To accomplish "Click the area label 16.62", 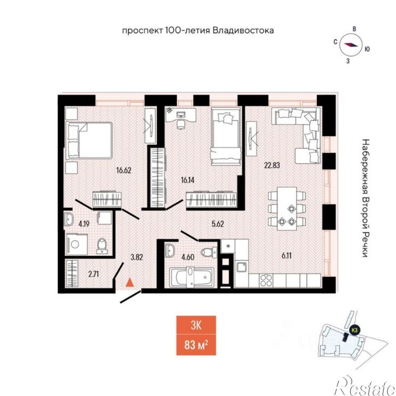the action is pyautogui.click(x=124, y=170).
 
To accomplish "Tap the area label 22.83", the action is pyautogui.click(x=272, y=166).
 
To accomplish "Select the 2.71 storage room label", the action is pyautogui.click(x=93, y=274).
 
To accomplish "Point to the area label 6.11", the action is pyautogui.click(x=287, y=256).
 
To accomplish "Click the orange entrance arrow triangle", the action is pyautogui.click(x=130, y=282).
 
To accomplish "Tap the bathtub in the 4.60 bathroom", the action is pyautogui.click(x=191, y=277).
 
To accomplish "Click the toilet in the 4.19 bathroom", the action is pyautogui.click(x=102, y=245).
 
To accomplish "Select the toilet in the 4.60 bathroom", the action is pyautogui.click(x=209, y=252).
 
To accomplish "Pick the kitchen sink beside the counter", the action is pyautogui.click(x=242, y=267).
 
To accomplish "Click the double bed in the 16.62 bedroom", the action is pyautogui.click(x=89, y=140).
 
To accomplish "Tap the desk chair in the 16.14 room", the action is pyautogui.click(x=180, y=125).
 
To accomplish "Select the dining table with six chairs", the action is pyautogui.click(x=287, y=208).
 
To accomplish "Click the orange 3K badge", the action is pyautogui.click(x=196, y=326).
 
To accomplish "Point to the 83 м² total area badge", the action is pyautogui.click(x=196, y=345).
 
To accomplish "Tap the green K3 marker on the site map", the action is pyautogui.click(x=354, y=330).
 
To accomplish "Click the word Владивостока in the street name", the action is pyautogui.click(x=243, y=31).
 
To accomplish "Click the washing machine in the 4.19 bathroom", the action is pyautogui.click(x=77, y=244).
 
